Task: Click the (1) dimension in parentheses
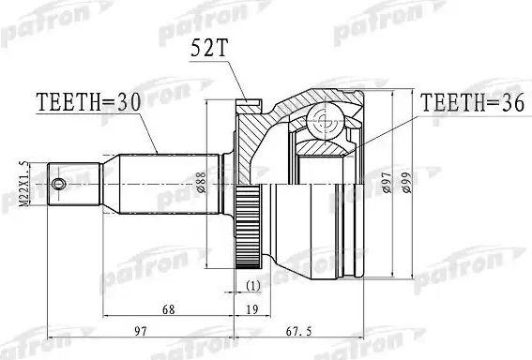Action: pos(251,284)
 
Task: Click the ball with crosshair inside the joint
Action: pos(323,118)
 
